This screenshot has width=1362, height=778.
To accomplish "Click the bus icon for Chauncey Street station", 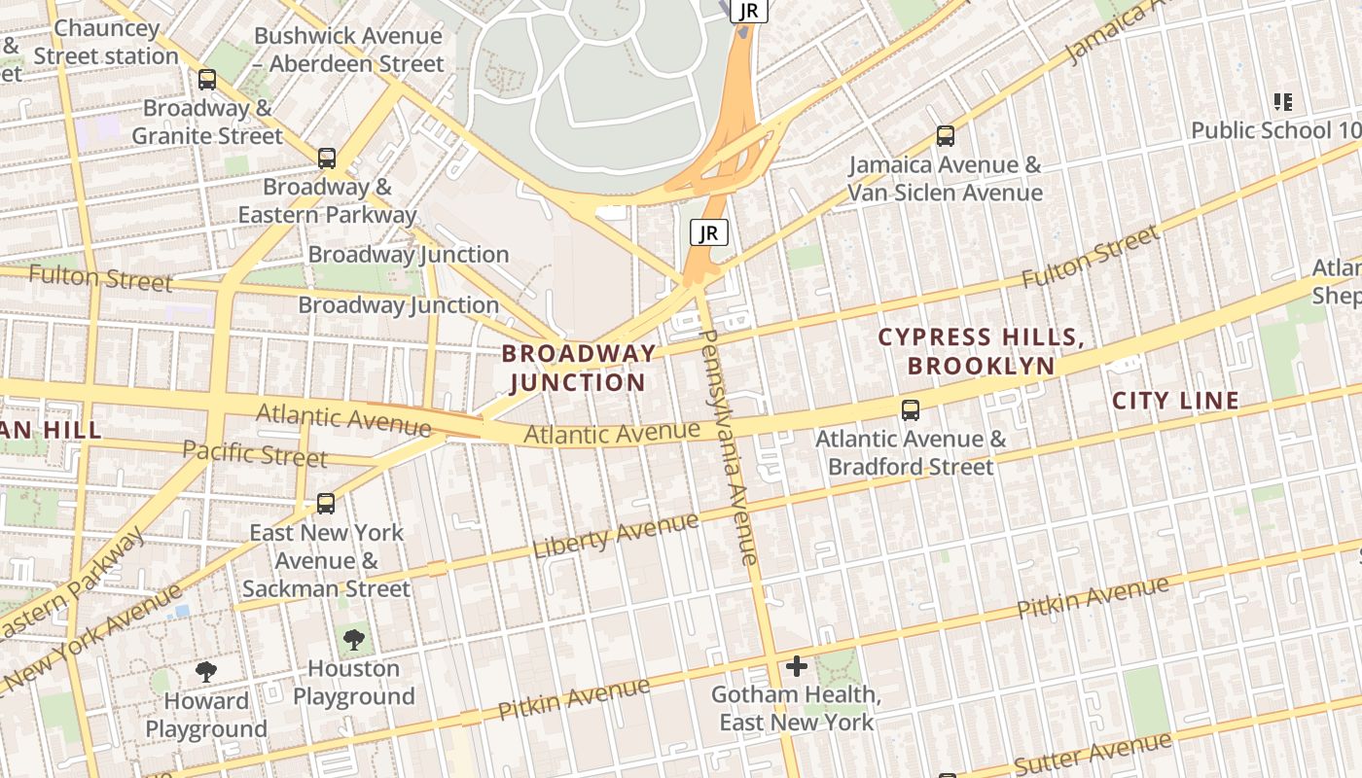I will click(x=206, y=80).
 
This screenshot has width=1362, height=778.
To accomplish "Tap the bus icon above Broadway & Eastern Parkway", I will click(x=327, y=158).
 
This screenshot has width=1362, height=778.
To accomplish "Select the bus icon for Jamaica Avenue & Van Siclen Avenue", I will click(x=945, y=136).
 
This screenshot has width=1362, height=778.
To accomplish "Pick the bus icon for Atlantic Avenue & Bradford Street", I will click(x=911, y=409).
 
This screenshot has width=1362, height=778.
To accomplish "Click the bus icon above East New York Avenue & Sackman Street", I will click(x=326, y=504).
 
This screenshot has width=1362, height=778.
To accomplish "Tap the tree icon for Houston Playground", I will click(x=353, y=639).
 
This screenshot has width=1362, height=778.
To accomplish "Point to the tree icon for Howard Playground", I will click(x=205, y=671).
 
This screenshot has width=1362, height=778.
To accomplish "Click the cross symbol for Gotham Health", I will click(x=797, y=666).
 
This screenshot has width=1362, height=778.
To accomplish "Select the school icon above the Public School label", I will click(x=1282, y=101).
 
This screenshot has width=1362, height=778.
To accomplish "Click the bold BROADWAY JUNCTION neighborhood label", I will click(x=578, y=368).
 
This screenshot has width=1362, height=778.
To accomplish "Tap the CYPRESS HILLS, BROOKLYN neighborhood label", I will click(x=980, y=351).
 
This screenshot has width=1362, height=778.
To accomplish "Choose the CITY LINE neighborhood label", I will click(x=1175, y=401).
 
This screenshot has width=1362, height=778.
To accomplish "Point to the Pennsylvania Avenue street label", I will click(x=729, y=447).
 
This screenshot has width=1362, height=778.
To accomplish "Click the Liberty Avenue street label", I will click(x=615, y=536).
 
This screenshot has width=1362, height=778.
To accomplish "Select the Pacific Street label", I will click(x=255, y=454).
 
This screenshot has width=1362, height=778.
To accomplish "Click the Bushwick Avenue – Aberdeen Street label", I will click(x=348, y=51).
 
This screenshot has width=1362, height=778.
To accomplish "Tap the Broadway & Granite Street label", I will click(x=206, y=122).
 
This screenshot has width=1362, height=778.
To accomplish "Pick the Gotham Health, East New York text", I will click(x=796, y=709).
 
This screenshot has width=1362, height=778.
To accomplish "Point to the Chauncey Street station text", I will click(x=106, y=43).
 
